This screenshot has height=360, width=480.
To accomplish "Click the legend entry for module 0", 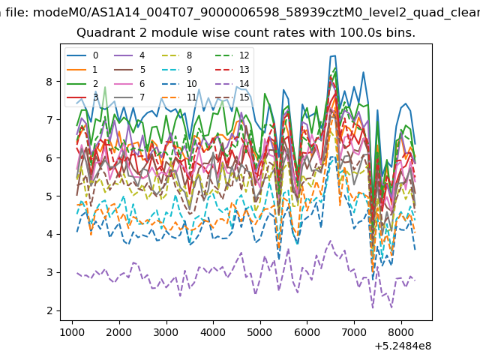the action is pyautogui.click(x=82, y=55).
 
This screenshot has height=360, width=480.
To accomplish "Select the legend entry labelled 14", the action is pyautogui.click(x=234, y=83).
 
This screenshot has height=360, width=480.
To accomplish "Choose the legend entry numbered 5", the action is pyautogui.click(x=130, y=70).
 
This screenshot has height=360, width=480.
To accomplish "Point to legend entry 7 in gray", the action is pyautogui.click(x=130, y=97).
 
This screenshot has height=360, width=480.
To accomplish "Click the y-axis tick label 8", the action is pyautogui.click(x=49, y=82).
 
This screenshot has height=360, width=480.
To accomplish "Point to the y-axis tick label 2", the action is pyautogui.click(x=49, y=310).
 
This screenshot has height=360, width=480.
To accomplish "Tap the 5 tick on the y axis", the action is pyautogui.click(x=49, y=196).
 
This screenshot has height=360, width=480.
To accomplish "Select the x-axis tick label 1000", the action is pyautogui.click(x=72, y=332).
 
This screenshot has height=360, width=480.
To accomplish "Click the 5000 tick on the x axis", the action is pyautogui.click(x=260, y=332).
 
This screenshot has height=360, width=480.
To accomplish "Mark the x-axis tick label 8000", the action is pyautogui.click(x=401, y=332).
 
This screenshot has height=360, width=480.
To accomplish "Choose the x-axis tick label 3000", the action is pyautogui.click(x=166, y=332).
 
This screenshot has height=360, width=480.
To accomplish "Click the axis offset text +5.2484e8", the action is pyautogui.click(x=403, y=346).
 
